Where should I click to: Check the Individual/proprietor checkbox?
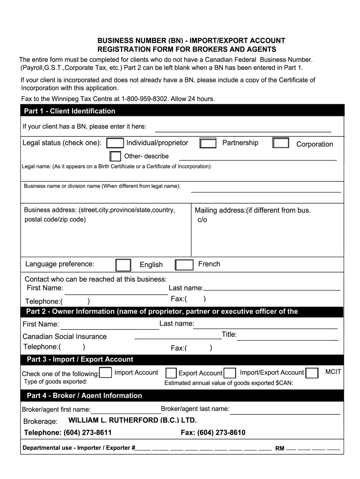coord(115,143)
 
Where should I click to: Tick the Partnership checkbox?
coord(208,143)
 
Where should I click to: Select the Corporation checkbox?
coord(281,143)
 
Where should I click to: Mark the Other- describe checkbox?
coord(115,156)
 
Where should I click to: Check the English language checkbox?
coord(123,265)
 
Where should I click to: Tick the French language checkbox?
coord(184,265)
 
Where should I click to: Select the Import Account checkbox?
coord(106,373)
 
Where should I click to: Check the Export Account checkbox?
coord(171,373)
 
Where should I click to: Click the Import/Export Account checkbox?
coord(230,373)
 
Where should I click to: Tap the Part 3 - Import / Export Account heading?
coord(80,359)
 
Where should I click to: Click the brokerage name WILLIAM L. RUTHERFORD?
coord(133,420)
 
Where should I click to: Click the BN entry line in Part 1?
coord(243,131)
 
